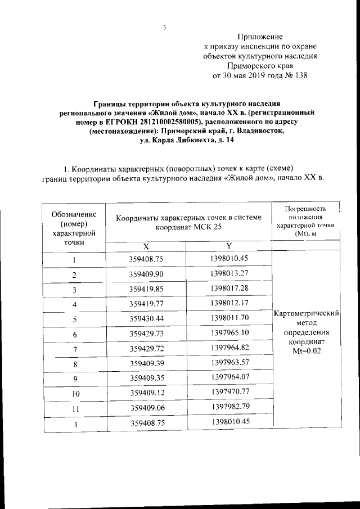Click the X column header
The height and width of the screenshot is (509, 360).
coord(146,246)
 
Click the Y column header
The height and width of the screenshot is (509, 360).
coord(229,246)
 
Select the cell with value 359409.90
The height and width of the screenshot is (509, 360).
coord(146,274)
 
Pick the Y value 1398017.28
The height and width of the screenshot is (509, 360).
coord(229,289)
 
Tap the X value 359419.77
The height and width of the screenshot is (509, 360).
coord(146,304)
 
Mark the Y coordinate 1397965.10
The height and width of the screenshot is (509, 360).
coord(229,334)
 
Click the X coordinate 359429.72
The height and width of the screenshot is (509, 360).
coord(146,349)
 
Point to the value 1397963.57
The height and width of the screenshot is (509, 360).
coord(229,363)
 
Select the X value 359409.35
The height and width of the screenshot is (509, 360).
coord(146,379)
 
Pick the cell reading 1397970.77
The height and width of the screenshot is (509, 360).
coord(229,393)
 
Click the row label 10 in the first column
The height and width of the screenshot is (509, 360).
coord(74,394)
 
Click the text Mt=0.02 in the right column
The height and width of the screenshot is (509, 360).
coord(304,351)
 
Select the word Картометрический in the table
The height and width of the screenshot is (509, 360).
coord(304,313)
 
